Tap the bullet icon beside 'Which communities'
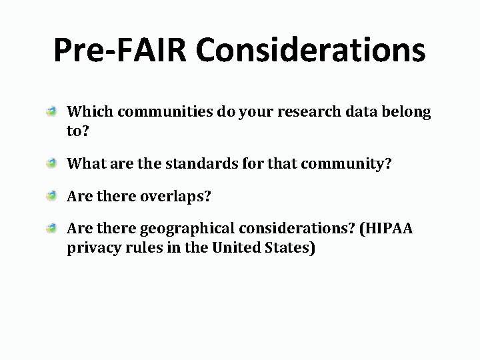point(51,113)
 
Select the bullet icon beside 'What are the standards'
point(51,161)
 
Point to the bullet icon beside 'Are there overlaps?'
point(51,196)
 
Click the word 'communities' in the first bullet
point(151,112)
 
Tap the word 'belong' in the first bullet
point(407,112)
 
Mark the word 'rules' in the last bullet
point(142,248)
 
